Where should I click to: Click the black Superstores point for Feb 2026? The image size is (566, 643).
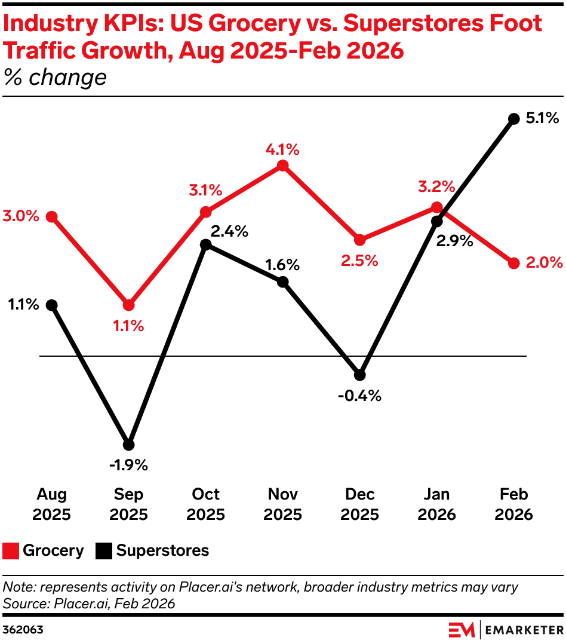coord(513,119)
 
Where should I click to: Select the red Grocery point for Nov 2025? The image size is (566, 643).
coord(283,166)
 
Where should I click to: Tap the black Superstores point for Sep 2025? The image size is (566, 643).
coord(128,445)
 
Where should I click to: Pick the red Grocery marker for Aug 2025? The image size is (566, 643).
coord(52,216)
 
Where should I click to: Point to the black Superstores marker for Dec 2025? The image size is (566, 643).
coord(359,375)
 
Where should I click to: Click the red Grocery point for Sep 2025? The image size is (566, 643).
coord(128,305)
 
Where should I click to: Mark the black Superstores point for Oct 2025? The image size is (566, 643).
coord(205,244)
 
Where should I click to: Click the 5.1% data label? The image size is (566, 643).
coord(542,119)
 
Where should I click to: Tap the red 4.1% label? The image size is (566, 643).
coord(283,149)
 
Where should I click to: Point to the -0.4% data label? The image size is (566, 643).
coord(359,396)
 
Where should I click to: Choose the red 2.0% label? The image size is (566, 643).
coord(544,263)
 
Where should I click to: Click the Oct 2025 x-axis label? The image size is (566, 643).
coord(205,504)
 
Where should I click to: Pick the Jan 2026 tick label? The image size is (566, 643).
coord(437,504)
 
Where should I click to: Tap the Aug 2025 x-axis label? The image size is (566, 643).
coord(52,504)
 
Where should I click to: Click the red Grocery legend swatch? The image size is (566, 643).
coord(11,551)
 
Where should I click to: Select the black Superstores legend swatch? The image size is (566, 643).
coord(104,551)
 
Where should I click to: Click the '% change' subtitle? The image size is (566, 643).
coord(56,78)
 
